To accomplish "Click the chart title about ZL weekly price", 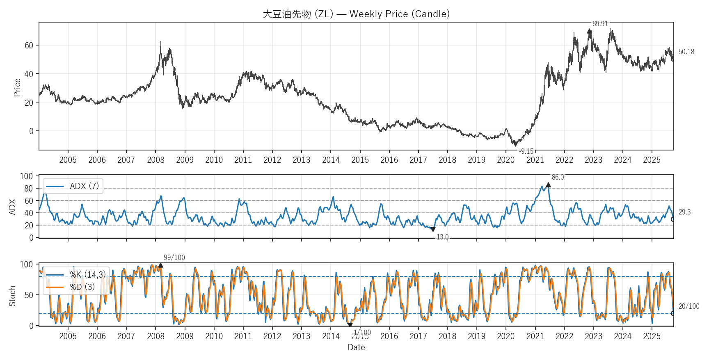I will click(x=356, y=14).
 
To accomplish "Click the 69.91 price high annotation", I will click(x=600, y=24).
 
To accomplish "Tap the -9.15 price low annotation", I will click(x=526, y=151).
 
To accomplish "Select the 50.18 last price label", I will click(x=686, y=52).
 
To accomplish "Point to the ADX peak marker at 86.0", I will click(x=548, y=185).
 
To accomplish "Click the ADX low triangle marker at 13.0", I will click(x=433, y=229).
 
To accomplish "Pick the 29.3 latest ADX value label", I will click(x=684, y=212).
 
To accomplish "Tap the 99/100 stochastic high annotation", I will click(x=174, y=257).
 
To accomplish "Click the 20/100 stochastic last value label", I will click(x=688, y=306).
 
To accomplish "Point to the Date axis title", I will click(x=356, y=347).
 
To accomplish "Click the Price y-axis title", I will click(x=17, y=87).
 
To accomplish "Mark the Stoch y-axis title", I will click(x=12, y=296).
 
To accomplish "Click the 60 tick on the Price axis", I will click(x=29, y=46).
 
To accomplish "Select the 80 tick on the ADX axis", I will click(x=29, y=189).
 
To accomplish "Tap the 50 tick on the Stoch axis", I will click(x=29, y=295).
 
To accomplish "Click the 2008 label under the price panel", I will click(x=156, y=160).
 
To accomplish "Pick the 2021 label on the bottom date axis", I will click(x=535, y=336).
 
